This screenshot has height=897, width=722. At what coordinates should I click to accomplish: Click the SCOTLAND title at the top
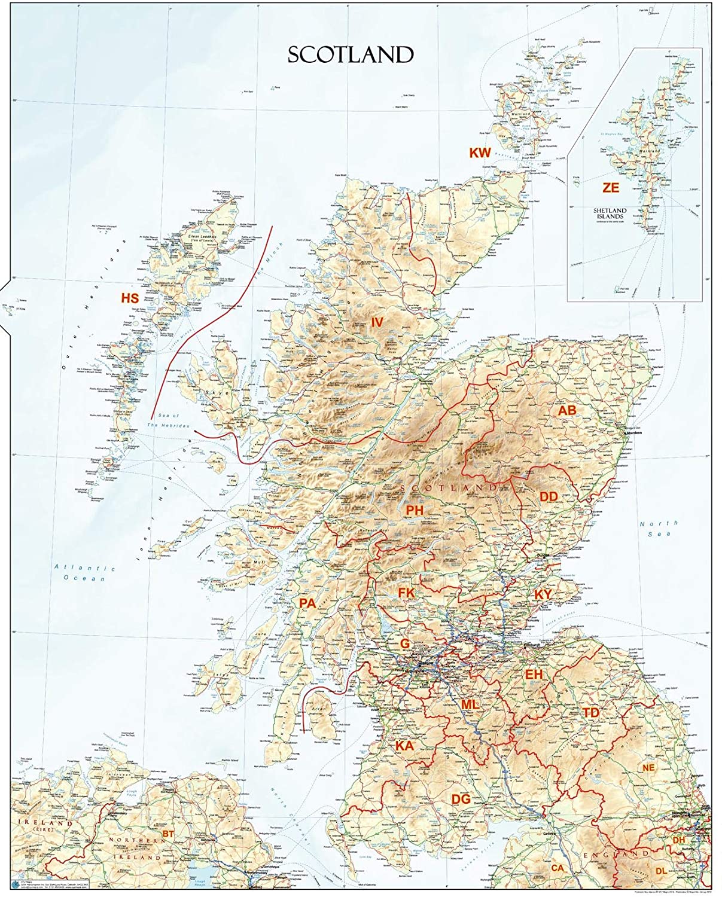point(350,54)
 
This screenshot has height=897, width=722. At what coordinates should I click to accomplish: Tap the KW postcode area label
point(480,153)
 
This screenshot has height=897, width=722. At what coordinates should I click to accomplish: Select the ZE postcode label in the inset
point(611,188)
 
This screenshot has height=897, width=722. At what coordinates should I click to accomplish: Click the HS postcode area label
point(130,298)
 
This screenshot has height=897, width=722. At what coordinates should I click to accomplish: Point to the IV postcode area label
point(376,322)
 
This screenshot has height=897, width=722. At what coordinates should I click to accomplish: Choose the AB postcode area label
point(567,411)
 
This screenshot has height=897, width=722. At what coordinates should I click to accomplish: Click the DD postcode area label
point(549,496)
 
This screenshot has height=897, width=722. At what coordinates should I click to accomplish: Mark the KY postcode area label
point(543,594)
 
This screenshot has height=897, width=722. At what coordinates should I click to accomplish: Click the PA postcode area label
point(307,604)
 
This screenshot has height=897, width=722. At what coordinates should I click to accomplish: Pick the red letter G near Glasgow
point(405,643)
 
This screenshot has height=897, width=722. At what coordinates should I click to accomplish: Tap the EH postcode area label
point(534,675)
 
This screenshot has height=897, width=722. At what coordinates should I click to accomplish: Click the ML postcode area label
point(470,705)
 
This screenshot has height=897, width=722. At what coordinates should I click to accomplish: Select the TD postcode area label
point(591,712)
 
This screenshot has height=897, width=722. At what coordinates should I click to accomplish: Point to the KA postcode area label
point(404,746)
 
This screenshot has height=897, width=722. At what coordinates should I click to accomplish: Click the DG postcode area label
point(461,799)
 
